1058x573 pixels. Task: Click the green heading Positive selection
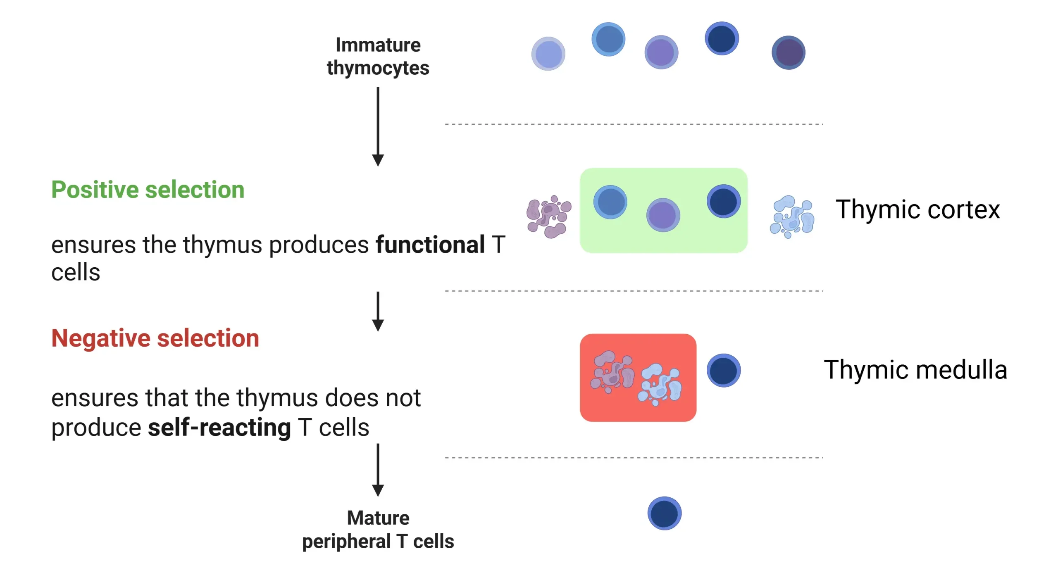148,190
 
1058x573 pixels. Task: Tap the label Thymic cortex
917,209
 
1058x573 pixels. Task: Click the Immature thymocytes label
378,56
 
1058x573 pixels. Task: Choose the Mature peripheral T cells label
378,529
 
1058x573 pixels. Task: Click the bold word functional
430,245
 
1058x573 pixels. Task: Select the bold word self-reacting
219,427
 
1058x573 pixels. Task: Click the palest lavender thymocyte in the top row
548,54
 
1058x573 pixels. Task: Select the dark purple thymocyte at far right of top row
788,52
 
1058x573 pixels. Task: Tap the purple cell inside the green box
663,215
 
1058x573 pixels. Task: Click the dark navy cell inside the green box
723,201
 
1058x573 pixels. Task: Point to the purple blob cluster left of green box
548,217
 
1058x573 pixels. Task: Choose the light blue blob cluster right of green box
792,217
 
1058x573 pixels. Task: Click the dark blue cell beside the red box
723,370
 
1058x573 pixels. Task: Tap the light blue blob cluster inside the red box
660,384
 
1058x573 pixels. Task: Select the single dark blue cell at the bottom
664,513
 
